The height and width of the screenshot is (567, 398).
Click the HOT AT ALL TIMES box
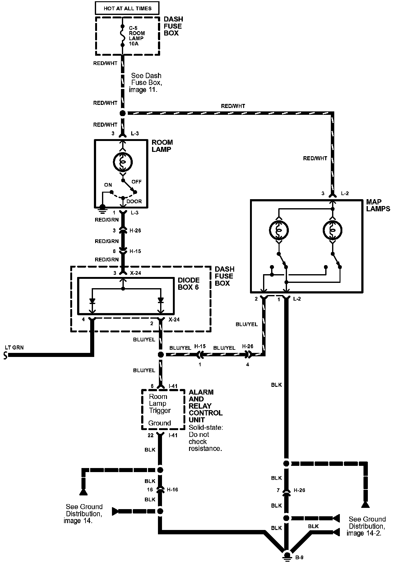(x=127, y=8)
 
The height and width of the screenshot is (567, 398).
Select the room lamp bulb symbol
(x=123, y=162)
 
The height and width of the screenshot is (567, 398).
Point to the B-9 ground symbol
(x=287, y=556)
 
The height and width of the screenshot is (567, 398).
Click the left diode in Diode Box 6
(x=92, y=301)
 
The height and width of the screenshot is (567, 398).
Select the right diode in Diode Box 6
(x=160, y=300)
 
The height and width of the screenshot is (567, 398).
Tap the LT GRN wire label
(x=14, y=347)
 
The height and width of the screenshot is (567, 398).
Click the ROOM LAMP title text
(x=162, y=146)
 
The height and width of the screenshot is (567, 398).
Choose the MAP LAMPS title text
(x=378, y=205)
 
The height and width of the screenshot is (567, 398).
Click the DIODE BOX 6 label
(x=188, y=283)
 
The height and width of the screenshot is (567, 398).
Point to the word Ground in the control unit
(x=160, y=423)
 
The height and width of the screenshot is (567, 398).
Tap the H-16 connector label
(x=172, y=490)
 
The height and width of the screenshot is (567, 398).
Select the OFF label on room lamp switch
(x=137, y=182)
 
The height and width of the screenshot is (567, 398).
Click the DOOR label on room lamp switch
(x=134, y=201)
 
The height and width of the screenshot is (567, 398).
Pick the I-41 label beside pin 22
(x=173, y=435)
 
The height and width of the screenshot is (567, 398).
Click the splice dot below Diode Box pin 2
(x=161, y=354)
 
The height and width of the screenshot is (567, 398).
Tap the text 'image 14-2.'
(x=364, y=533)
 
